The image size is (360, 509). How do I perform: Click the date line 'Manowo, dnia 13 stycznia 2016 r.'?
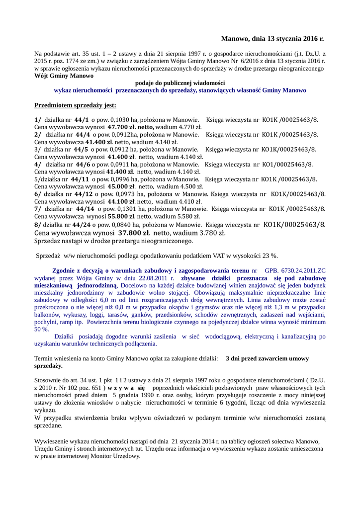point(272,38)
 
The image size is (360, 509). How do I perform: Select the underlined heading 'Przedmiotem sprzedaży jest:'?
point(75,105)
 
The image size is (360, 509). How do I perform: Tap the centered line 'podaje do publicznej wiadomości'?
point(180,83)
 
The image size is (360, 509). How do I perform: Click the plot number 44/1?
point(82,120)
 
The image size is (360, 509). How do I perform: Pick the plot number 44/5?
point(81,149)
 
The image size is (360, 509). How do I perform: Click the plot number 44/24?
point(84,224)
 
